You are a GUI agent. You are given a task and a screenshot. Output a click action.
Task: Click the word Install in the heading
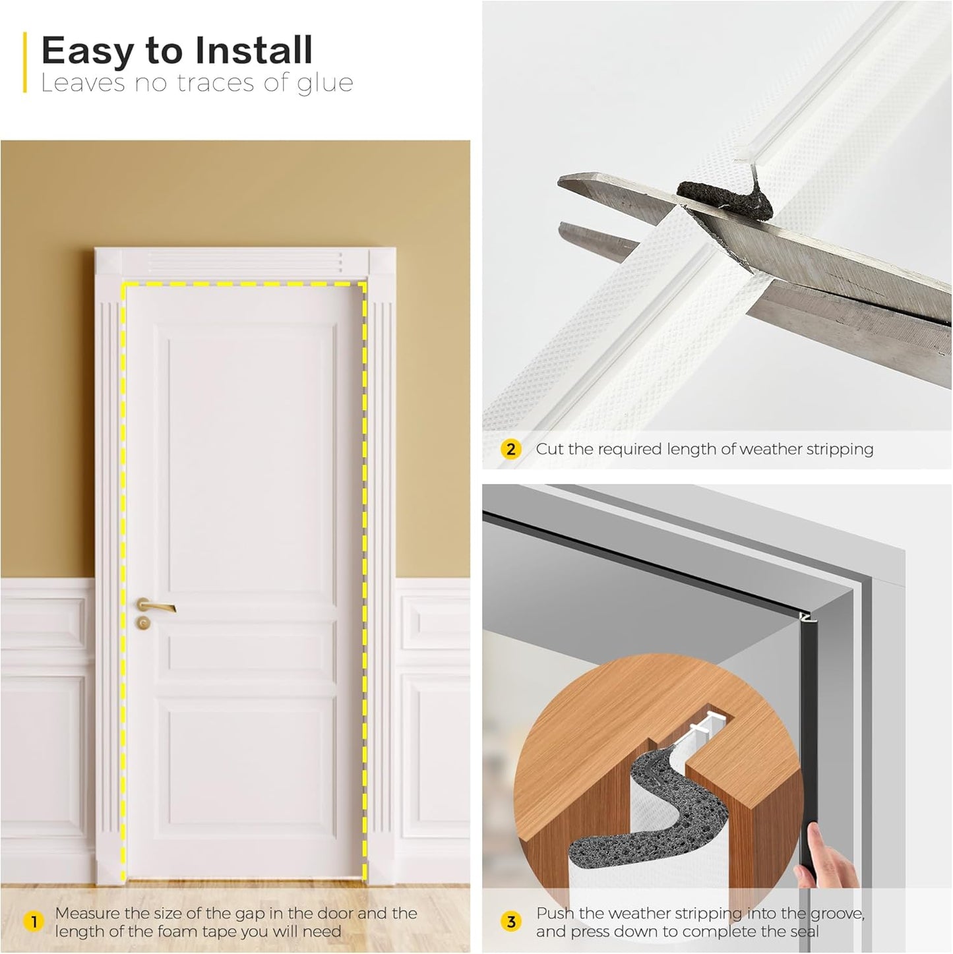[253, 51]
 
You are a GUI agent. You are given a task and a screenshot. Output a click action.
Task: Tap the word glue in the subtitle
[324, 84]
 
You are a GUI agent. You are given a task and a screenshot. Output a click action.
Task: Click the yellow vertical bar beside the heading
[25, 63]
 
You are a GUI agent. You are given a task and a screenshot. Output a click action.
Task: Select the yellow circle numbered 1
[34, 922]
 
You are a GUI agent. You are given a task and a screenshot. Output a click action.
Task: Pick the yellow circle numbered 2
[510, 450]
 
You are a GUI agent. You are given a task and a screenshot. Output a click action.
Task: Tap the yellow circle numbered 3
[510, 922]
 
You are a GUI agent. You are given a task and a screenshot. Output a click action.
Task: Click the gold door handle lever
[157, 606]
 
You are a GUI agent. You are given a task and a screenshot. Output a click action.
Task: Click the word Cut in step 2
[549, 450]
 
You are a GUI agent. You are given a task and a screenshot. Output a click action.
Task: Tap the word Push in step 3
[555, 913]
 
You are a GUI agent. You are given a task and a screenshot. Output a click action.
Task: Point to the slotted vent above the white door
[245, 262]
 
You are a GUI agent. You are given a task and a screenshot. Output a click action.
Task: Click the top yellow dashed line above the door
[244, 284]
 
